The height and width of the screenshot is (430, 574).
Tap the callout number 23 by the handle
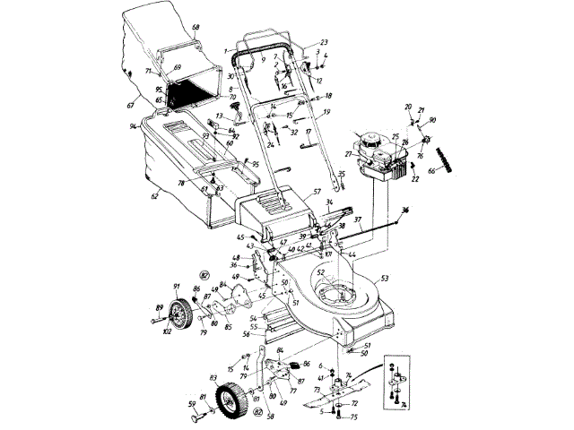coord(325,43)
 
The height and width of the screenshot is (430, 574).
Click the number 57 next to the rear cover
coord(317,193)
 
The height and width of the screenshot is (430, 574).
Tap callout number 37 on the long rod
coord(357,219)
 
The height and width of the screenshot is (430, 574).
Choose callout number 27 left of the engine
coord(348,154)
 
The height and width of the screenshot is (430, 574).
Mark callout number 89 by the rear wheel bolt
coord(161,306)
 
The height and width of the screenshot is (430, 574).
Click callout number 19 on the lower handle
coord(327,111)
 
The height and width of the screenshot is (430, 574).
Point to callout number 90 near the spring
coord(433,120)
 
